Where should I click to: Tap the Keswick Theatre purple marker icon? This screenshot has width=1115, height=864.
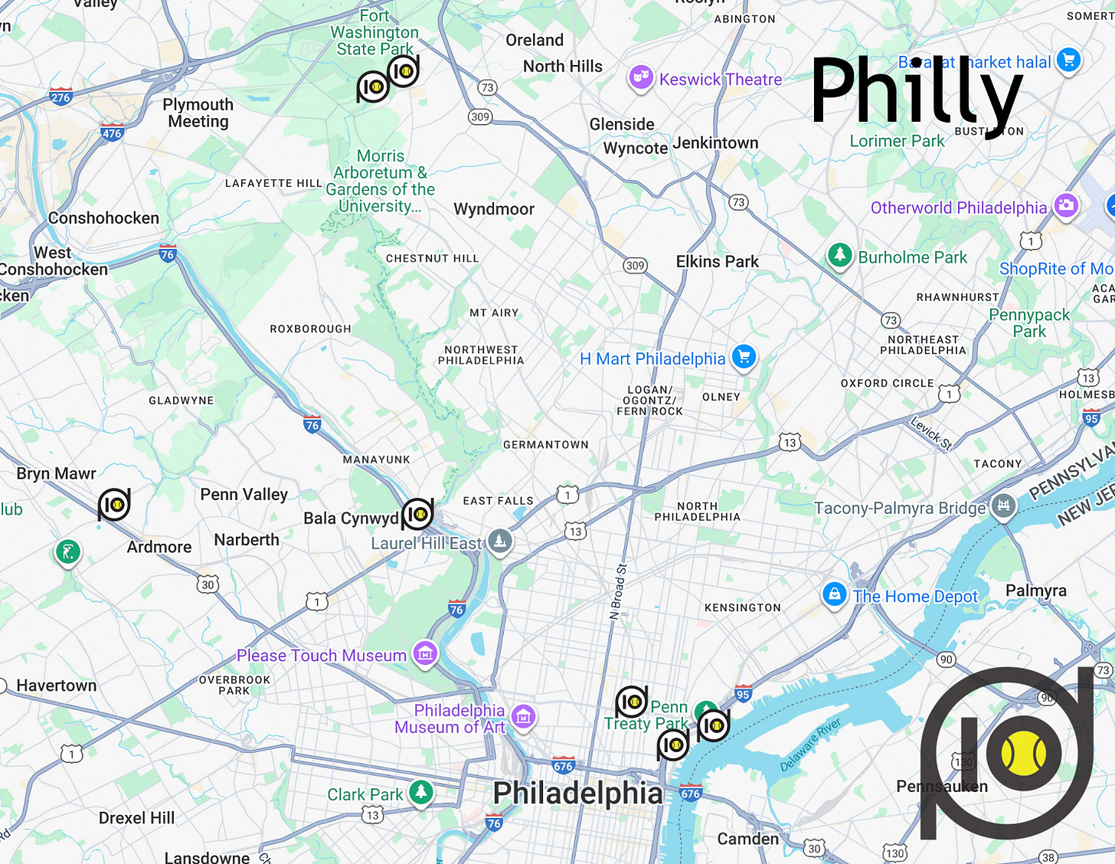[640, 77]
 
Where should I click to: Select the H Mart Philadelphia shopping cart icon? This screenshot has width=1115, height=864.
[744, 356]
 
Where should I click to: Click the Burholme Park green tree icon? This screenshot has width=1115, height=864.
[840, 254]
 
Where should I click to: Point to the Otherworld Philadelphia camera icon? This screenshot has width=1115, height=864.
[1066, 205]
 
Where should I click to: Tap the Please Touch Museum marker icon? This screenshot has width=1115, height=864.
[425, 653]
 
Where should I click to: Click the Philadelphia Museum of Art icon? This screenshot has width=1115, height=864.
[524, 717]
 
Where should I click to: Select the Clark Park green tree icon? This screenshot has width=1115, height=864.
[420, 791]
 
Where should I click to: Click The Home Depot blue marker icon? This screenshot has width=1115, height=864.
[834, 594]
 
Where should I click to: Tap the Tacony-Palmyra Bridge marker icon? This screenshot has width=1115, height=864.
[1003, 506]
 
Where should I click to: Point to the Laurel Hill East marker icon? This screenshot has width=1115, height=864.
[500, 541]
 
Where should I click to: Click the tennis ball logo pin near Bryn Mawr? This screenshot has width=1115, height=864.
[114, 505]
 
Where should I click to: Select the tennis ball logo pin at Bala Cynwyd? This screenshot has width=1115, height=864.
[417, 515]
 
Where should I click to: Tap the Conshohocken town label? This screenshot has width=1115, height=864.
[103, 218]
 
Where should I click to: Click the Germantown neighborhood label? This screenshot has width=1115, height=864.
[546, 444]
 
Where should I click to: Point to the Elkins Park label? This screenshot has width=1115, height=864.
[718, 262]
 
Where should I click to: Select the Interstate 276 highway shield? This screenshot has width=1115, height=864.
[60, 97]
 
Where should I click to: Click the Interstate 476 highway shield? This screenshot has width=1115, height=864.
[112, 133]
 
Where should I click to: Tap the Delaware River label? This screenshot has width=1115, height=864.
[810, 745]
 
